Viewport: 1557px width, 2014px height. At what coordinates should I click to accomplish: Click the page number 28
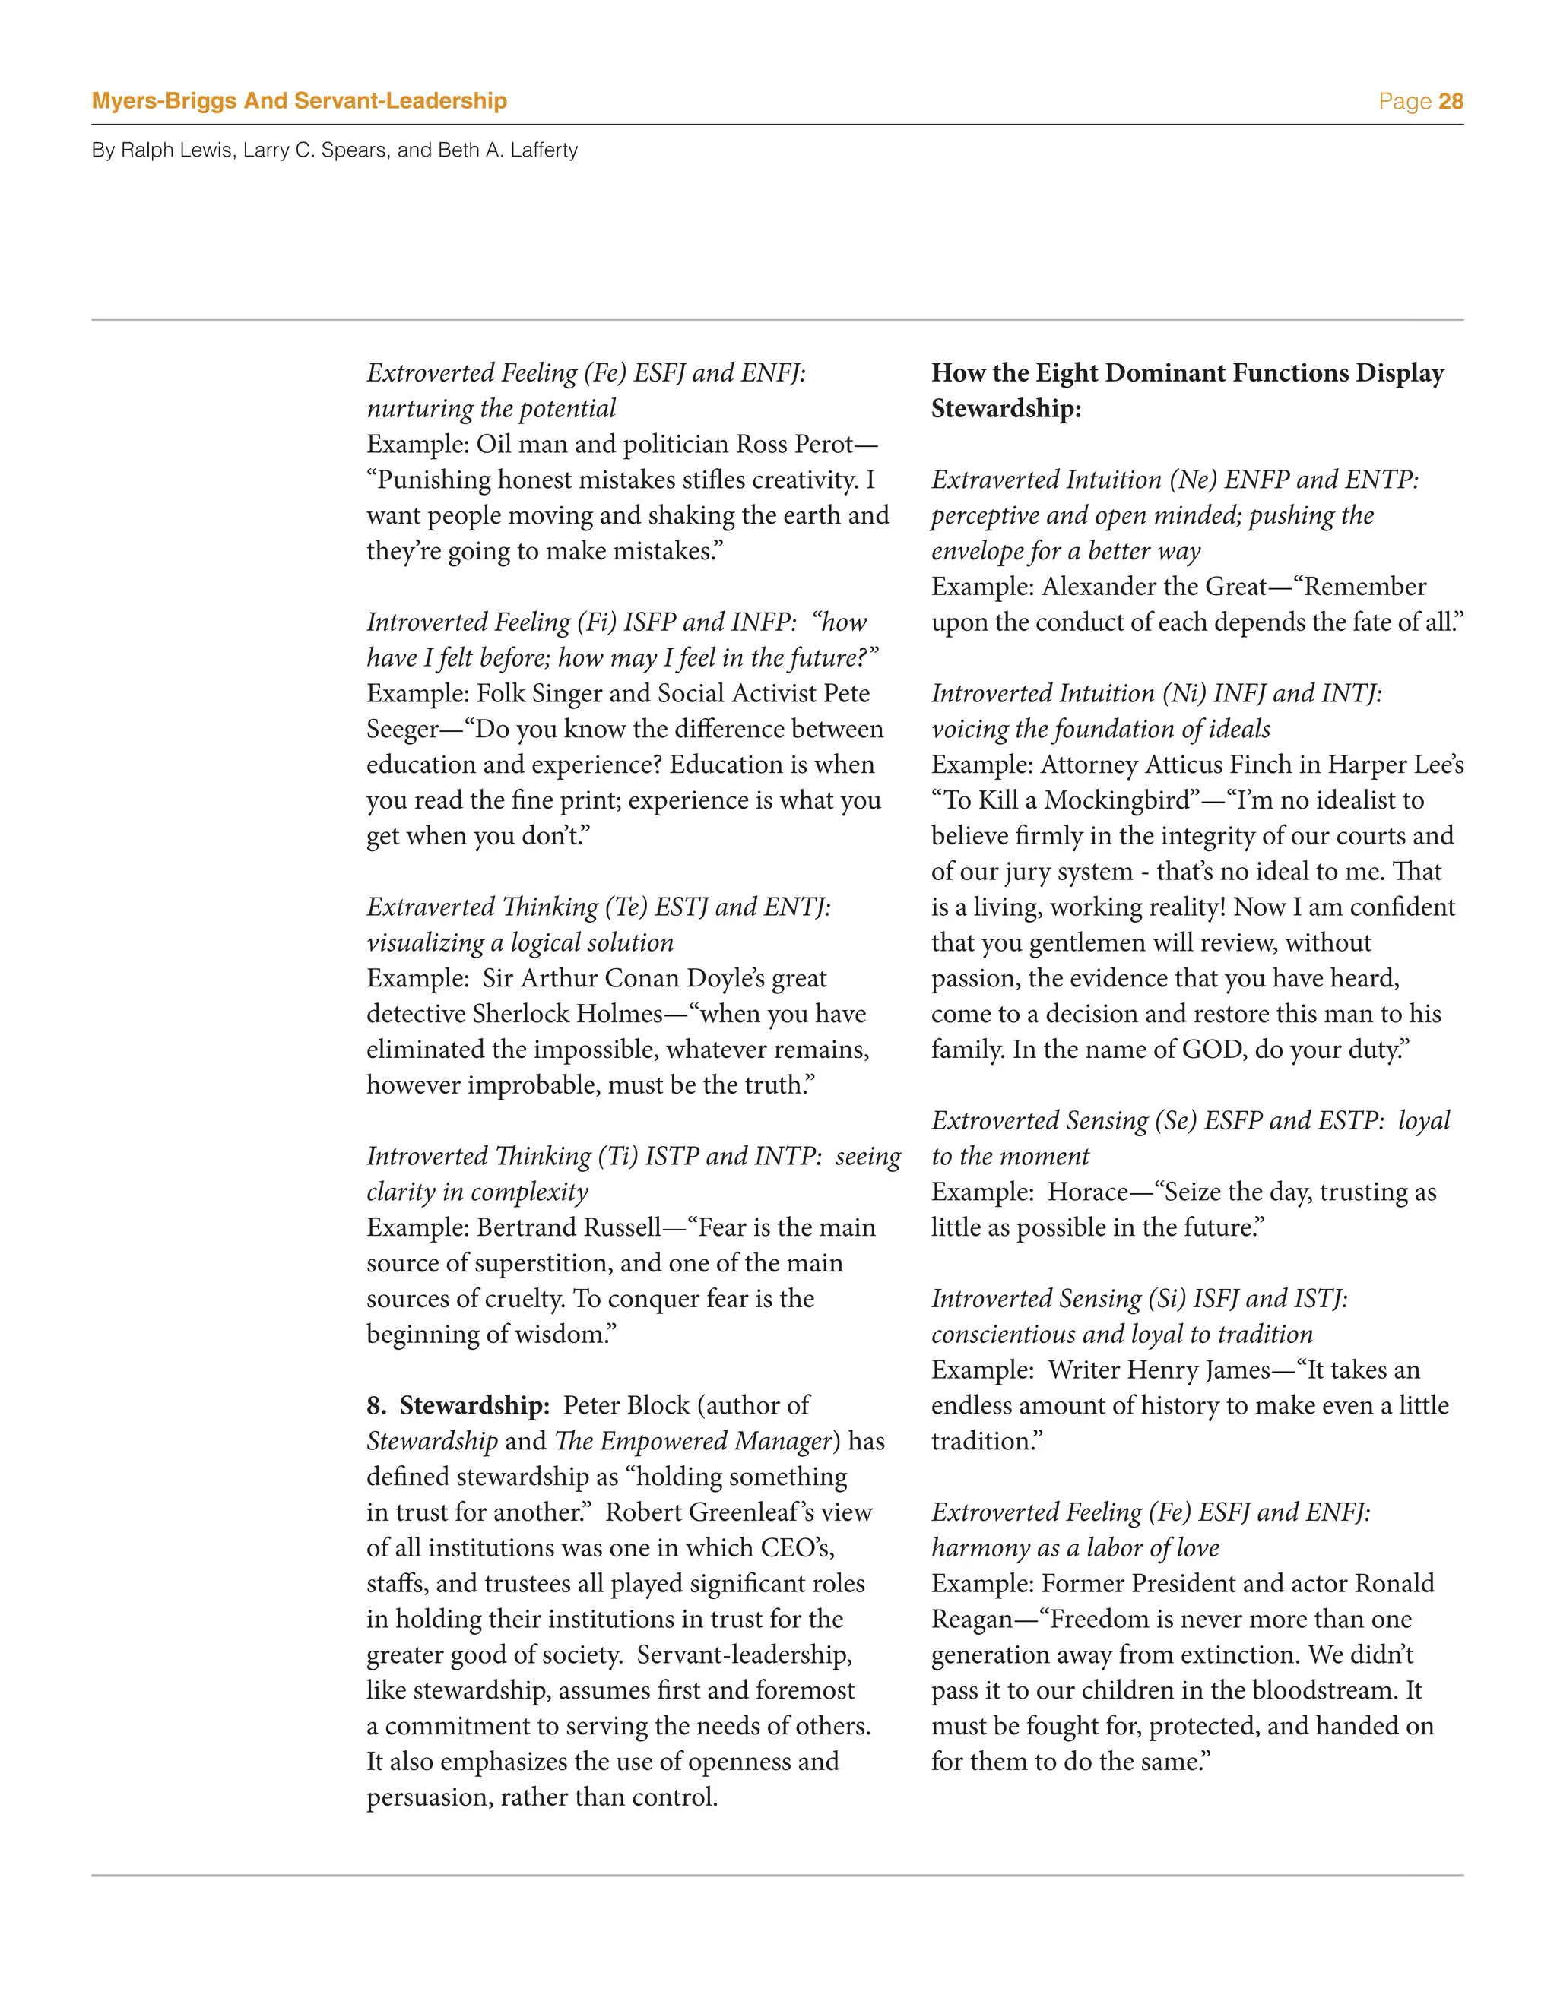click(x=1450, y=101)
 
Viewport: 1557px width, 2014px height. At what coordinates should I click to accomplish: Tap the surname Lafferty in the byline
click(x=544, y=150)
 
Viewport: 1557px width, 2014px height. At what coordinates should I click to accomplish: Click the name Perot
click(x=819, y=445)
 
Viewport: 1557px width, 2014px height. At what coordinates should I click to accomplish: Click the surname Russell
click(x=615, y=1227)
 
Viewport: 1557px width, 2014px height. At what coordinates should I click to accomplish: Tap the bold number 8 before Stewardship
click(x=375, y=1405)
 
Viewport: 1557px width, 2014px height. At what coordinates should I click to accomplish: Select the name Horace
click(x=1087, y=1192)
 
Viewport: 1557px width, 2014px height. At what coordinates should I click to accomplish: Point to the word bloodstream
click(x=1310, y=1690)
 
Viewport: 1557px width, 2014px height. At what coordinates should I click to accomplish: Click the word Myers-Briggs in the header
click(x=164, y=101)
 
